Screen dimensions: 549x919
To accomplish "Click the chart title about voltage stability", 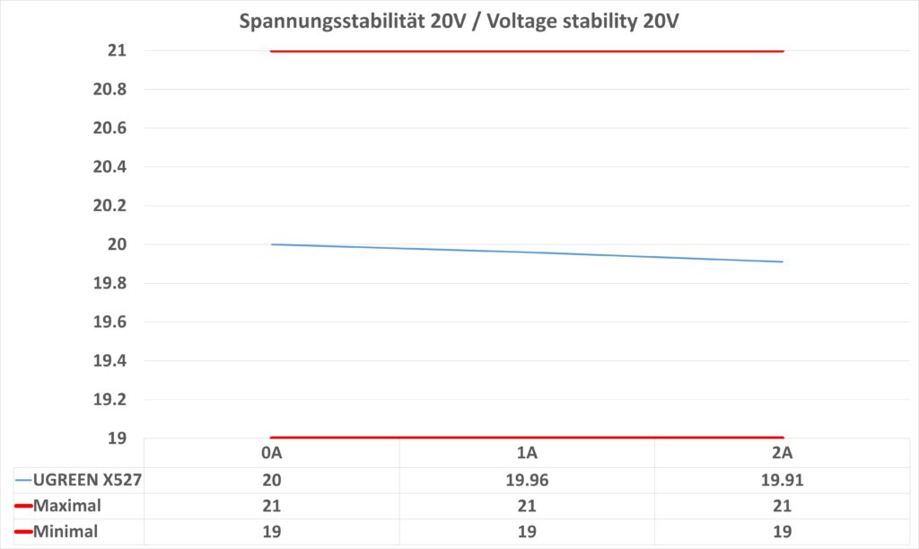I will (459, 22).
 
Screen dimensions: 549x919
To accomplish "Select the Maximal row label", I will (67, 506).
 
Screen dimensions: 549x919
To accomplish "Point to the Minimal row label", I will (66, 532).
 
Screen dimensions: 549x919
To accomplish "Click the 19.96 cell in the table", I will (527, 480).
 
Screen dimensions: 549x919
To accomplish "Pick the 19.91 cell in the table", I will (782, 480).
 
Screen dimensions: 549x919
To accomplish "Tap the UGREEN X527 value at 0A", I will (271, 480).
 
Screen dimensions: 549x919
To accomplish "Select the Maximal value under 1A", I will (527, 506).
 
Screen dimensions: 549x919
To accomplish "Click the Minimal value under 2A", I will (782, 532).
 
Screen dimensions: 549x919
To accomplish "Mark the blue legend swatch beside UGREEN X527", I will (23, 481).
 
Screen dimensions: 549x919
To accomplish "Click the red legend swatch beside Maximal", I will (23, 507).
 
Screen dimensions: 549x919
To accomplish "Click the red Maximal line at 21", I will (527, 51).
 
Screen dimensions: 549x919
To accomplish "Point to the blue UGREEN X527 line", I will (527, 252).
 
